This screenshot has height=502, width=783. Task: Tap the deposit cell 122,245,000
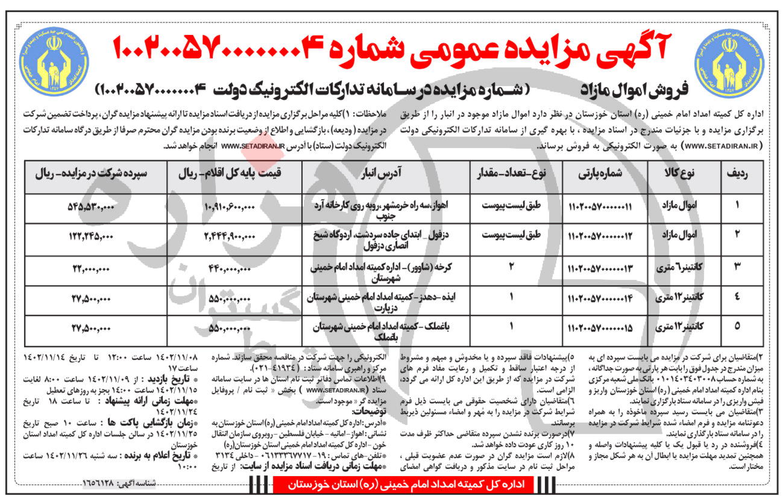[90, 238]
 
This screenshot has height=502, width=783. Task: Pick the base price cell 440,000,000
[232, 270]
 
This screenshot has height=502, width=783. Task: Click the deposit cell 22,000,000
[90, 270]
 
